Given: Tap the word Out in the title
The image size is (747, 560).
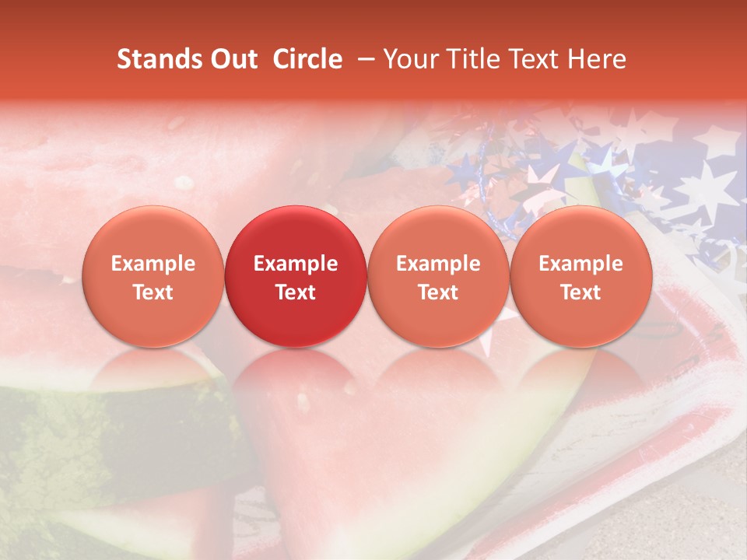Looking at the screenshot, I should point(234,59).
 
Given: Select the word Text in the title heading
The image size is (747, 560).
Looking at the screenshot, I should point(530,59).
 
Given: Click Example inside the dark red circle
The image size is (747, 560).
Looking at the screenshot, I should point(296,264).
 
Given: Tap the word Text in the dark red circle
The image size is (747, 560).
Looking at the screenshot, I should point(296,292).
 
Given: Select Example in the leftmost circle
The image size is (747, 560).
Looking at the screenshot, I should point(153,264).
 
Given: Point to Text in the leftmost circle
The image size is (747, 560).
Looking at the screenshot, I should point(153,292).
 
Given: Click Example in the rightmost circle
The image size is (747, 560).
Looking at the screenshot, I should point(580,264).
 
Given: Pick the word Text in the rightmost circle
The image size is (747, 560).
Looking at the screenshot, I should point(580,292).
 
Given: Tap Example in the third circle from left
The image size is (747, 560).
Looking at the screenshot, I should point(438,264).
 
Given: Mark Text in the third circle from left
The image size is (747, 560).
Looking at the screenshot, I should point(438,292).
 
